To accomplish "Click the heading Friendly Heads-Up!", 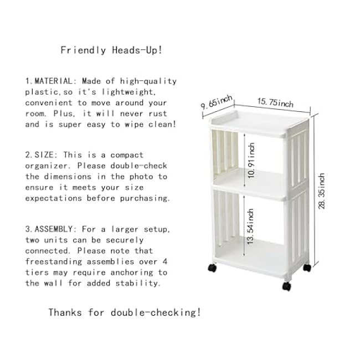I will tap(111, 50).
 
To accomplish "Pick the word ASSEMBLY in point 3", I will tap(56, 229).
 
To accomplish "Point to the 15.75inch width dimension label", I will tap(275, 103).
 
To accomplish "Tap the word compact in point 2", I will tap(125, 155).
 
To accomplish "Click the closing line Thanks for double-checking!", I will tap(125, 312).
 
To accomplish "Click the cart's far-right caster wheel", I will tap(307, 268).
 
